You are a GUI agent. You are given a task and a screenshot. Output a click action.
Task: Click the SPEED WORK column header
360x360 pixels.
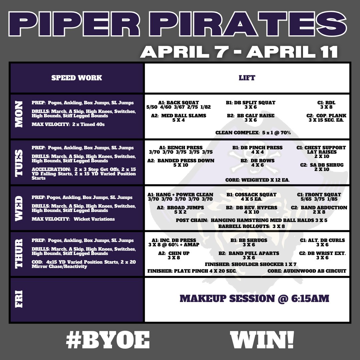(77, 78)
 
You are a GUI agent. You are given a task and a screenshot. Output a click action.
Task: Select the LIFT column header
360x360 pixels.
(247, 78)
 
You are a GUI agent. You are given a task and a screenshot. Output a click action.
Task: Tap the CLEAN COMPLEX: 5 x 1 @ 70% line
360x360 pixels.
(253, 132)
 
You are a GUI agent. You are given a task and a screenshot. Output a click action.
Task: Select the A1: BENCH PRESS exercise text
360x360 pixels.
(181, 148)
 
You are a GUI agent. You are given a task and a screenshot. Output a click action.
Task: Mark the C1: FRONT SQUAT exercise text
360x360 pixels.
(319, 195)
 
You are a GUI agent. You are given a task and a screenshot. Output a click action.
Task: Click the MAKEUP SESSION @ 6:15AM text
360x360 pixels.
(254, 298)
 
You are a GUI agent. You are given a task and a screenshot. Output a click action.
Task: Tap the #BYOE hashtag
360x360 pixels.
(107, 341)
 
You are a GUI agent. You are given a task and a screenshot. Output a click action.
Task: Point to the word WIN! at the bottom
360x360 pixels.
(262, 341)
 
